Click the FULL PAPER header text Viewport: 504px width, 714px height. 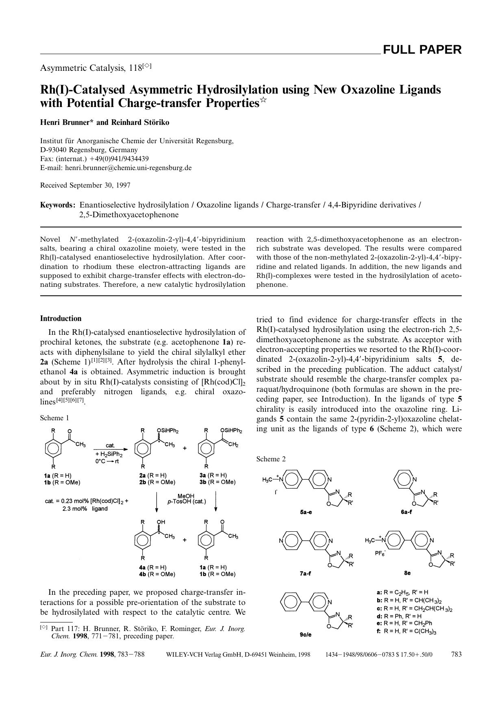coord(422,50)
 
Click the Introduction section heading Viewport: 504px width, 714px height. coord(61,319)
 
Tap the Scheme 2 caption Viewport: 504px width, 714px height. coord(271,459)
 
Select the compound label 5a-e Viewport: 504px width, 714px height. coord(306,512)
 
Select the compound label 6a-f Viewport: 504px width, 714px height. coord(406,512)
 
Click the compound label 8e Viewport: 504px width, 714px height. coord(407,573)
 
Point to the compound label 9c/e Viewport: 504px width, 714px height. coord(306,634)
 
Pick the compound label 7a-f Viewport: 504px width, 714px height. coord(306,573)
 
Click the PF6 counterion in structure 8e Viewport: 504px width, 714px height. coord(380,553)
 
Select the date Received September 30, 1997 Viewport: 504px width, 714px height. coord(85,186)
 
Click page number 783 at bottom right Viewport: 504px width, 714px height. coord(456,654)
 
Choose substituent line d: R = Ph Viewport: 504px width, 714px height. coord(399,616)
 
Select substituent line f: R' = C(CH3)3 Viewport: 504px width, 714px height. coord(406,631)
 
